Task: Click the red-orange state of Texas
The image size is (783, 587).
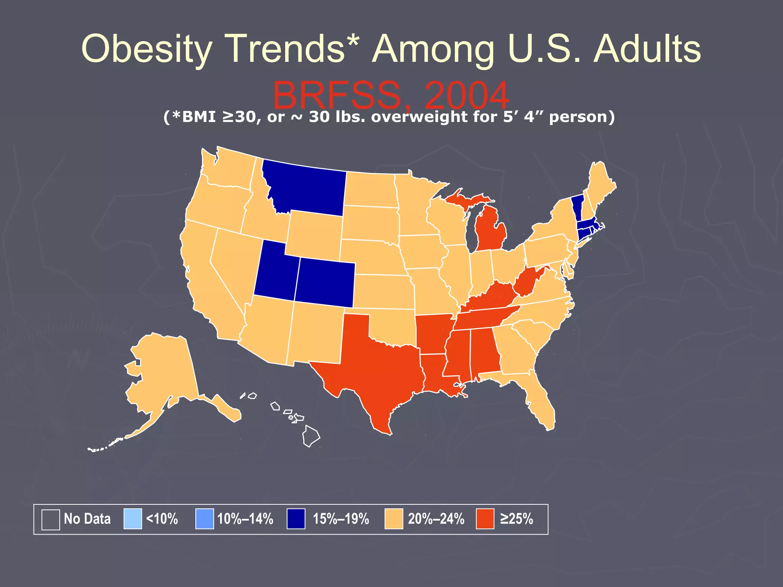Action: pos(375,363)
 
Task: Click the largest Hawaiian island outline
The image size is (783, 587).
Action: pos(311,436)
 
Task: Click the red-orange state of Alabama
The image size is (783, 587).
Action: pos(484,352)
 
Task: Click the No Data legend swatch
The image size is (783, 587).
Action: pos(50,519)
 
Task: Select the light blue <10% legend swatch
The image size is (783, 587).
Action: pos(133,519)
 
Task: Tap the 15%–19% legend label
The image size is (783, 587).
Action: pos(341,519)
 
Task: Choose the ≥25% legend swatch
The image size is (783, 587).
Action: pos(485,519)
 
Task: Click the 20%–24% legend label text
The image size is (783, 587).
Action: pos(436,519)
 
